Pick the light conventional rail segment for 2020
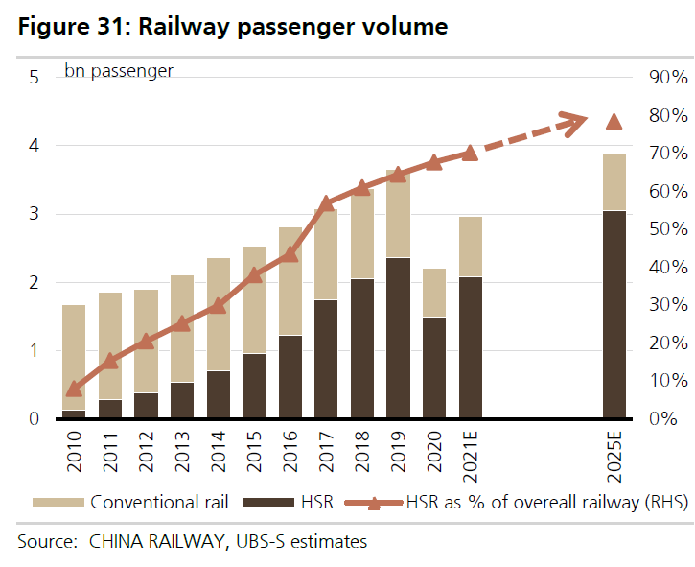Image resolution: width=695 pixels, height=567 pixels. click(x=434, y=293)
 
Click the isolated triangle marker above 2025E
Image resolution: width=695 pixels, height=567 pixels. click(x=614, y=121)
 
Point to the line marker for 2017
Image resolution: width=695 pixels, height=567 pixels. click(x=326, y=203)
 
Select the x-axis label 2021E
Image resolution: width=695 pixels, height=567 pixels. click(x=471, y=456)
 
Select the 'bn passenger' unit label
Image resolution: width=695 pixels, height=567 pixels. click(x=119, y=71)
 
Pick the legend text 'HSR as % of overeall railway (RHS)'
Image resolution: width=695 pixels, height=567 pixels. click(x=546, y=502)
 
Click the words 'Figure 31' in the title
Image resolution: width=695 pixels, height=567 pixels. click(x=71, y=26)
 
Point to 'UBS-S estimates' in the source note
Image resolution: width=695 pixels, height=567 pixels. click(x=304, y=542)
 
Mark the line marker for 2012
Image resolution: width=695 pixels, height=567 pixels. click(x=146, y=342)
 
